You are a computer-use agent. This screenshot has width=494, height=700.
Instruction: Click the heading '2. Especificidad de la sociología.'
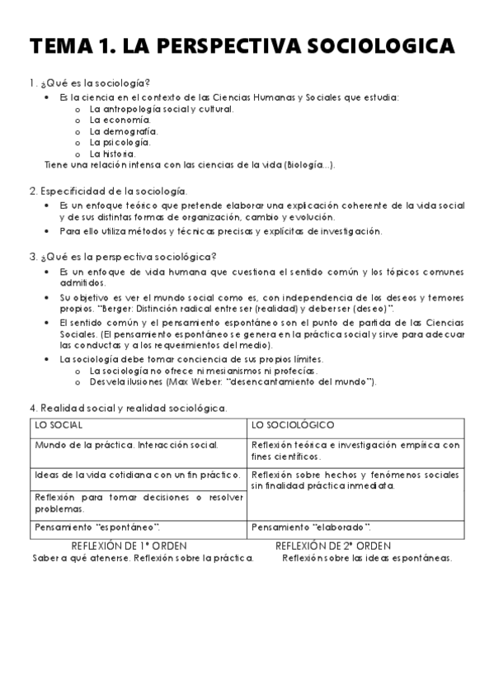(108, 191)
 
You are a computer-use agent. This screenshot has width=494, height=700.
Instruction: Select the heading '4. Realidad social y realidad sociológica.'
(128, 408)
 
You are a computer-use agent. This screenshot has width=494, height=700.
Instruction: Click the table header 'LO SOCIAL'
(59, 426)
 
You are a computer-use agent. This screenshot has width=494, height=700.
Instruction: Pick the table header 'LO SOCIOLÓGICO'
(293, 426)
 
